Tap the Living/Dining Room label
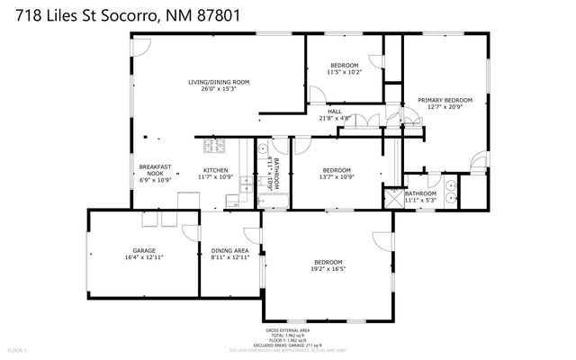(219, 82)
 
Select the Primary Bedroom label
(445, 100)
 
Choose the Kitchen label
(215, 170)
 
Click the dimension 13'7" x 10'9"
(336, 177)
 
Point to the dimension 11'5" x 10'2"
(344, 72)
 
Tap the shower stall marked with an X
(392, 198)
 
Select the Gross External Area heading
(287, 331)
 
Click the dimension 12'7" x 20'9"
(445, 107)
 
